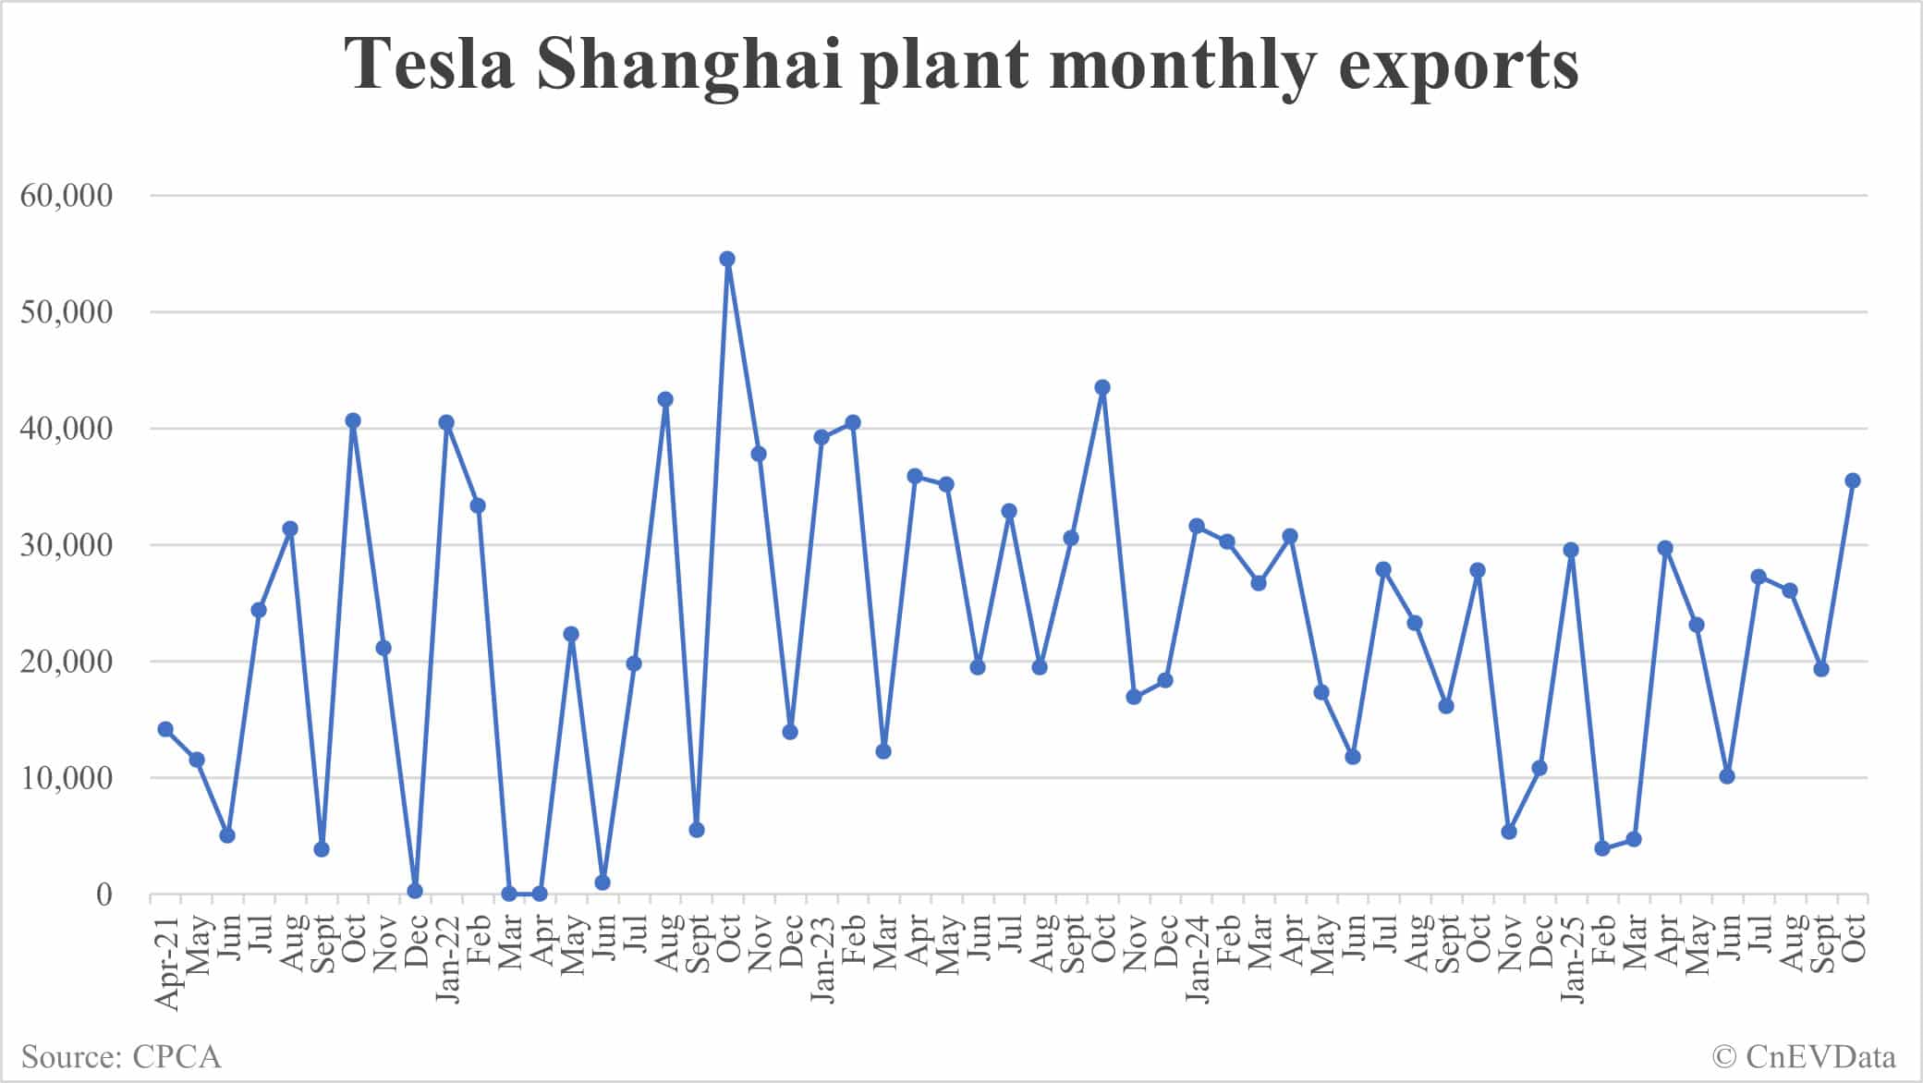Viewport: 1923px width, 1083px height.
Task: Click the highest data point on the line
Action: coord(727,259)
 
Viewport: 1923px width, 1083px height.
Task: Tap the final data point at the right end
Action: coord(1852,481)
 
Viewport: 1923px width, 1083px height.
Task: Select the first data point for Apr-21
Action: coord(165,729)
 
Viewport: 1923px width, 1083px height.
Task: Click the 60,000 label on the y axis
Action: coord(67,195)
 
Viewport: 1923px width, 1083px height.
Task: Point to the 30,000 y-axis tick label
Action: coord(67,545)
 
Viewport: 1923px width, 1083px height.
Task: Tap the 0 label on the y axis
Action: coord(103,894)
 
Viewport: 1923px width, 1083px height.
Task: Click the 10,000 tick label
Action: coord(67,778)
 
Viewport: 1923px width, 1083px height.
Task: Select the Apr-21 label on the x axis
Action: coord(166,961)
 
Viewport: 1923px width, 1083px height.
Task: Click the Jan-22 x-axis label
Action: coord(447,961)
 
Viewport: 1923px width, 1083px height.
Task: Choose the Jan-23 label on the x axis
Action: coord(822,961)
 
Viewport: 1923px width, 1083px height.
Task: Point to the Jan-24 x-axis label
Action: coord(1197,961)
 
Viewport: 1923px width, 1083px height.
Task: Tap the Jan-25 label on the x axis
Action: coord(1571,961)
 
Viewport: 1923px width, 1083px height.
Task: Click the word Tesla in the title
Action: coord(430,65)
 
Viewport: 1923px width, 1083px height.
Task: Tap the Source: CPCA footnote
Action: coord(121,1056)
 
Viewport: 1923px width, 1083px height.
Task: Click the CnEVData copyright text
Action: coord(1804,1056)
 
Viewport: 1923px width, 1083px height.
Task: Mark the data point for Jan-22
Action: coord(446,422)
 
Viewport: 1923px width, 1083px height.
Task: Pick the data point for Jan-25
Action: coord(1570,550)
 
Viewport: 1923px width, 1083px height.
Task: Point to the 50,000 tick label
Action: coord(67,312)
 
